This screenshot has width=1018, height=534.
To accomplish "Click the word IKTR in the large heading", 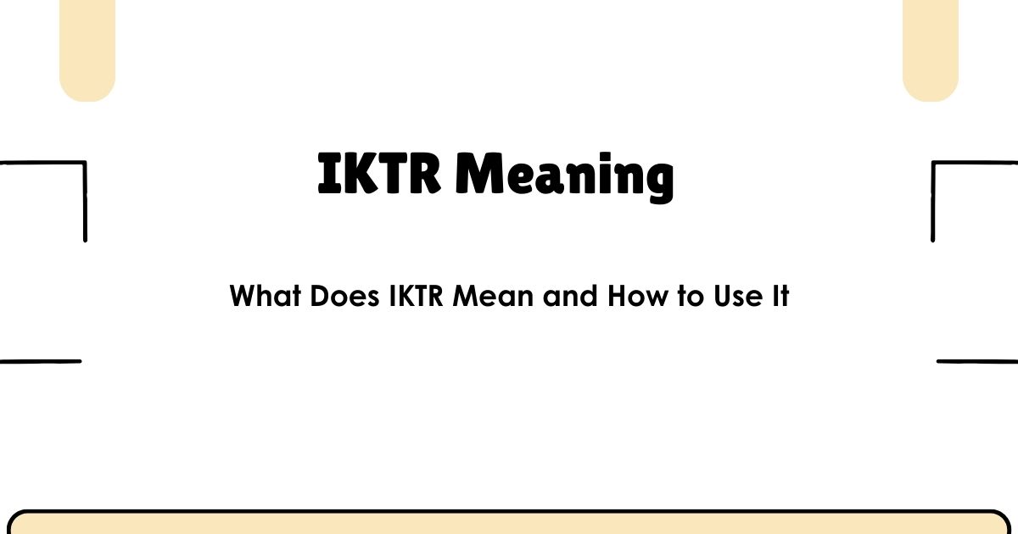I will [x=379, y=174].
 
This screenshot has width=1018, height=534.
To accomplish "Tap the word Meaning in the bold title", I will [x=564, y=176].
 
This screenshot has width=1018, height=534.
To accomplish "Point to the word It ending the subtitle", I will [x=780, y=297].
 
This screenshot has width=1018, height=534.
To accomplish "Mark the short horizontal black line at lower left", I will [x=40, y=361].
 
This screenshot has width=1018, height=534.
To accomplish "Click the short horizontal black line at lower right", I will [x=977, y=361].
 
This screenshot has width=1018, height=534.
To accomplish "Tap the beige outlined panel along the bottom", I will [x=509, y=524].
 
